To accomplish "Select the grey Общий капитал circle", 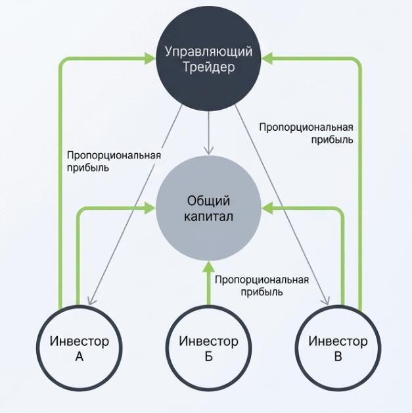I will [x=208, y=208].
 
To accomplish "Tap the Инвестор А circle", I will [x=80, y=349].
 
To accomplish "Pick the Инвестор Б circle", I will [x=208, y=349].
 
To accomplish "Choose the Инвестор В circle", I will [x=338, y=349].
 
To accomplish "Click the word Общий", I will [x=208, y=201].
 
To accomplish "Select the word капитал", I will [x=208, y=217].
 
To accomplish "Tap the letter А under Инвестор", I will [x=80, y=358].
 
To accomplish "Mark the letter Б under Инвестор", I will [x=208, y=358].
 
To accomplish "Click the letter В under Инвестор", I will [x=338, y=358].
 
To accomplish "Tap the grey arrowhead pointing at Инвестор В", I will [x=325, y=301].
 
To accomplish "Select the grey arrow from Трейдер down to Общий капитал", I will [x=208, y=132].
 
